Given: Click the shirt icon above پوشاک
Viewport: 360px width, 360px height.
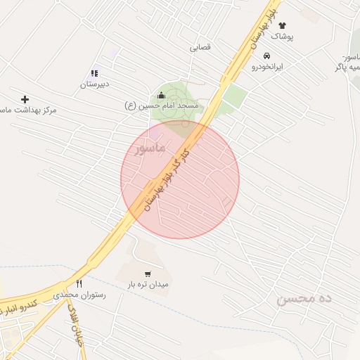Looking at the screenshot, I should pos(282,25).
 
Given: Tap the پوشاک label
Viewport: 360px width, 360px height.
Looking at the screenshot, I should pos(282,36).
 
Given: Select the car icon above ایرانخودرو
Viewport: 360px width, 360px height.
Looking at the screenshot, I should pos(266,56).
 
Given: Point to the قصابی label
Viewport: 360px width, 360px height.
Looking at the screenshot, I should pos(200,49).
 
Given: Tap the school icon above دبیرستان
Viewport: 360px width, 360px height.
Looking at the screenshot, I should pos(95,73).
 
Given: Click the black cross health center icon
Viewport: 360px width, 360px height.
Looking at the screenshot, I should pos(25,100).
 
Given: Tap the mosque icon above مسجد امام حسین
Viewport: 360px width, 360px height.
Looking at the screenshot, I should pos(162,96).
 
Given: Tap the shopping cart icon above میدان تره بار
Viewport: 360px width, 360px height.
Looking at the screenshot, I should pos(148,274).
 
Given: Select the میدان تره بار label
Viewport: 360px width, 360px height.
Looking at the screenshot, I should pos(148,285).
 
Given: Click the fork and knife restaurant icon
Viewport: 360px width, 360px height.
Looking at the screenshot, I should pos(79,284).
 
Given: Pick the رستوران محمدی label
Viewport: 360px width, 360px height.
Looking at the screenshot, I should pos(79,295).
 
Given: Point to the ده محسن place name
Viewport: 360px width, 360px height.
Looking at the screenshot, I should pos(304,299).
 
